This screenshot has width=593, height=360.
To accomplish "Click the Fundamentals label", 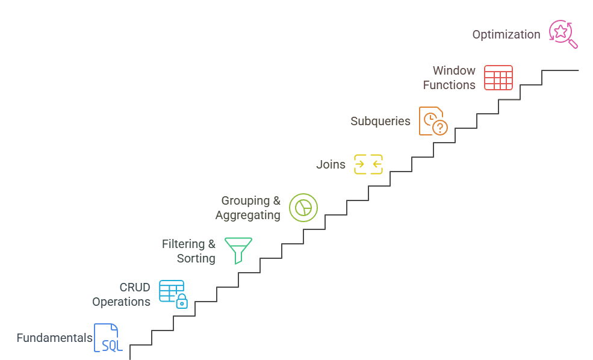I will pyautogui.click(x=54, y=338).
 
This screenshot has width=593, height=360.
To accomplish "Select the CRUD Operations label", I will pyautogui.click(x=121, y=294).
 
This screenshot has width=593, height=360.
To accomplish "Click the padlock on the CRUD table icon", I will pyautogui.click(x=181, y=302).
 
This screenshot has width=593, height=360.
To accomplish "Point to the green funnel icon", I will pyautogui.click(x=238, y=250).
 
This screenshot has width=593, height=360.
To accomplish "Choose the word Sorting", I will pyautogui.click(x=196, y=258).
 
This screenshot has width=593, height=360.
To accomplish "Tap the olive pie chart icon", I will pyautogui.click(x=303, y=207).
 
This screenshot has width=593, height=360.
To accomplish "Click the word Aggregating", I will pyautogui.click(x=247, y=215).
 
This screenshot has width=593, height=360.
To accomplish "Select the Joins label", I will pyautogui.click(x=331, y=164).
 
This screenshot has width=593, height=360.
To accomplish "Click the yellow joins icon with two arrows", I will pyautogui.click(x=368, y=164).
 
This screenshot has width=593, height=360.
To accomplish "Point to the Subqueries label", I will pyautogui.click(x=380, y=121).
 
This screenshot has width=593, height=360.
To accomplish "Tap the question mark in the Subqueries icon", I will pyautogui.click(x=441, y=128).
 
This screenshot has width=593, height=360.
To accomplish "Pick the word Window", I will pyautogui.click(x=454, y=70).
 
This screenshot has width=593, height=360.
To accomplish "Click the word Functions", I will pyautogui.click(x=449, y=85).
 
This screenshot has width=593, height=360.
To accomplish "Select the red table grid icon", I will pyautogui.click(x=498, y=78).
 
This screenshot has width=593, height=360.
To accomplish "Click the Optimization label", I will pyautogui.click(x=506, y=34).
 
